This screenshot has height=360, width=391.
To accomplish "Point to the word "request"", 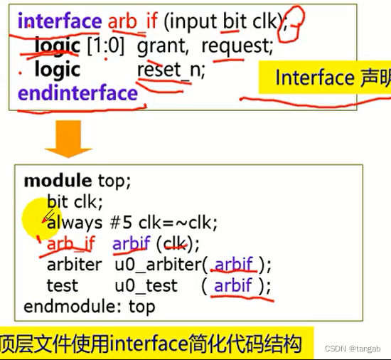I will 237,46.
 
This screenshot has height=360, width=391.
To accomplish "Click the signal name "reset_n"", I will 164,70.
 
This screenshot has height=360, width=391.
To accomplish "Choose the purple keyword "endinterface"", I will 77,93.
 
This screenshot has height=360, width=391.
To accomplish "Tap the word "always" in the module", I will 74,223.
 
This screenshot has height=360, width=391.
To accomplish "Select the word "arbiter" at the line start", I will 74,265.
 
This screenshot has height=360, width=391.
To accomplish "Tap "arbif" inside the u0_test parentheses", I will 233,285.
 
